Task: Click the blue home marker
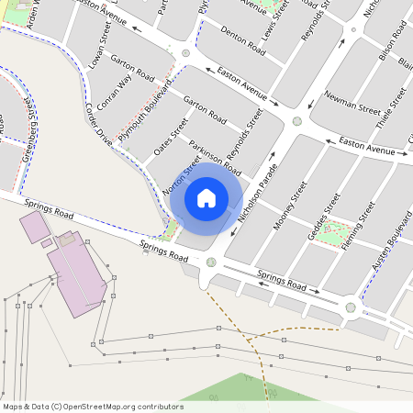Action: coord(206,198)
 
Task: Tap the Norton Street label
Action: coord(181,173)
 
